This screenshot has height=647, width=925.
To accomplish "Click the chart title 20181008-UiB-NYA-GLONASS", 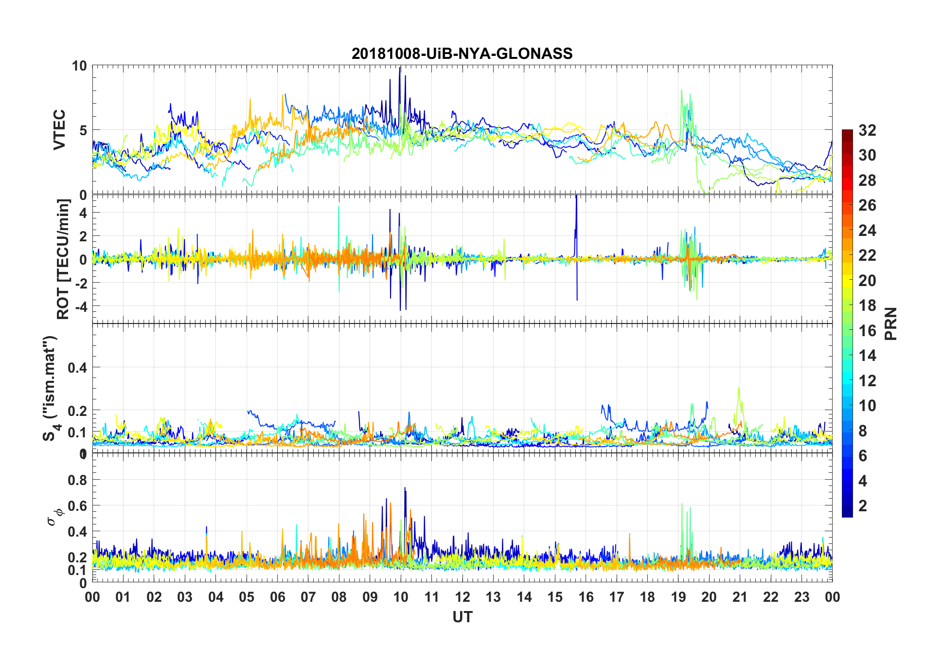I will click(x=462, y=54).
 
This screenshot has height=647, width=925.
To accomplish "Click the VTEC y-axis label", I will click(x=59, y=130).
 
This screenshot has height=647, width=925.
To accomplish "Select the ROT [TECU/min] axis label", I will click(x=63, y=259).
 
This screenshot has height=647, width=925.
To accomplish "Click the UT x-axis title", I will click(x=462, y=617).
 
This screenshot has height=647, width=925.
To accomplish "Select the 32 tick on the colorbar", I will click(x=867, y=130).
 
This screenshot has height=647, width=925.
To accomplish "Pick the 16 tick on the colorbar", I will click(x=867, y=331).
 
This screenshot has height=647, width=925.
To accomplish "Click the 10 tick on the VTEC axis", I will click(x=79, y=66).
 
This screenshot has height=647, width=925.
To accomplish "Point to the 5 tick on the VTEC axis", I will click(x=83, y=130).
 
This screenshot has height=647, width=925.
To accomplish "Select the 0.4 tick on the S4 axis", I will click(x=77, y=368).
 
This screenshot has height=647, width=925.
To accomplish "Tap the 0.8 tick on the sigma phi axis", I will click(x=77, y=480).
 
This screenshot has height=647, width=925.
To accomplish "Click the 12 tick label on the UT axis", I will click(x=462, y=597).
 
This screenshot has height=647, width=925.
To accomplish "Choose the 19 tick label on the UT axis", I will click(x=678, y=597).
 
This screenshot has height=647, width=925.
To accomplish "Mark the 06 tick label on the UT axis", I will click(x=278, y=597).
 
